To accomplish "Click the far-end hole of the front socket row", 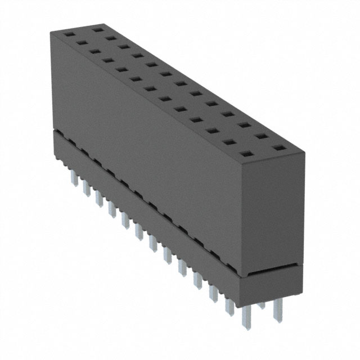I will [x=69, y=34].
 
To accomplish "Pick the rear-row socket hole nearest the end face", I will [x=278, y=148].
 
